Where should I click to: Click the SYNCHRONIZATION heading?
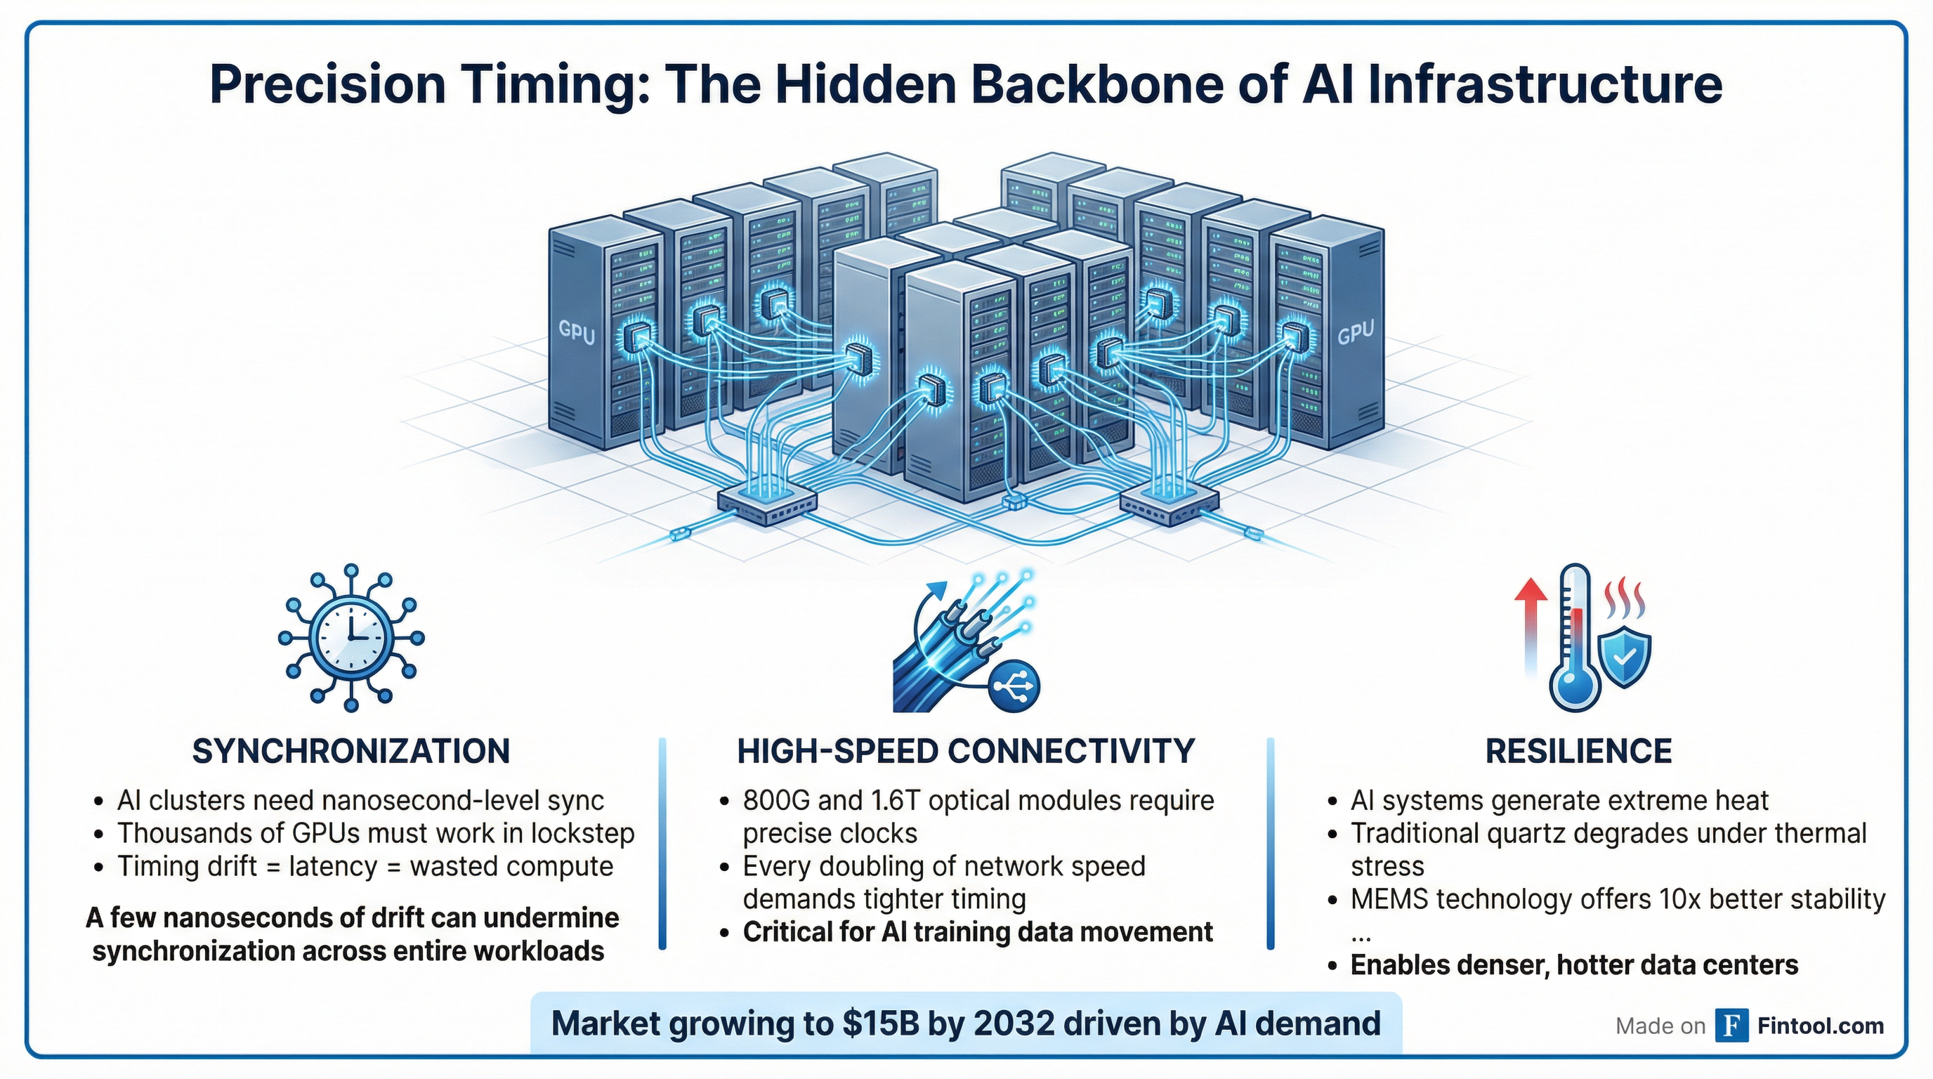(x=351, y=751)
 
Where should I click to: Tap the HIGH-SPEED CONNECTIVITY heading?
(x=966, y=751)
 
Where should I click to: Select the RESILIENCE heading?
(x=1579, y=751)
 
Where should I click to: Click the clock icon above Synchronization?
(x=351, y=638)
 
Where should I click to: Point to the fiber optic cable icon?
(x=945, y=653)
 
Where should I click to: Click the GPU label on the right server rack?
(x=1356, y=332)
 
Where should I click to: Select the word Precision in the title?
(x=327, y=84)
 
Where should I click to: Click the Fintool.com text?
(x=1821, y=1026)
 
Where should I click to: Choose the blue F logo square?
(x=1732, y=1026)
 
